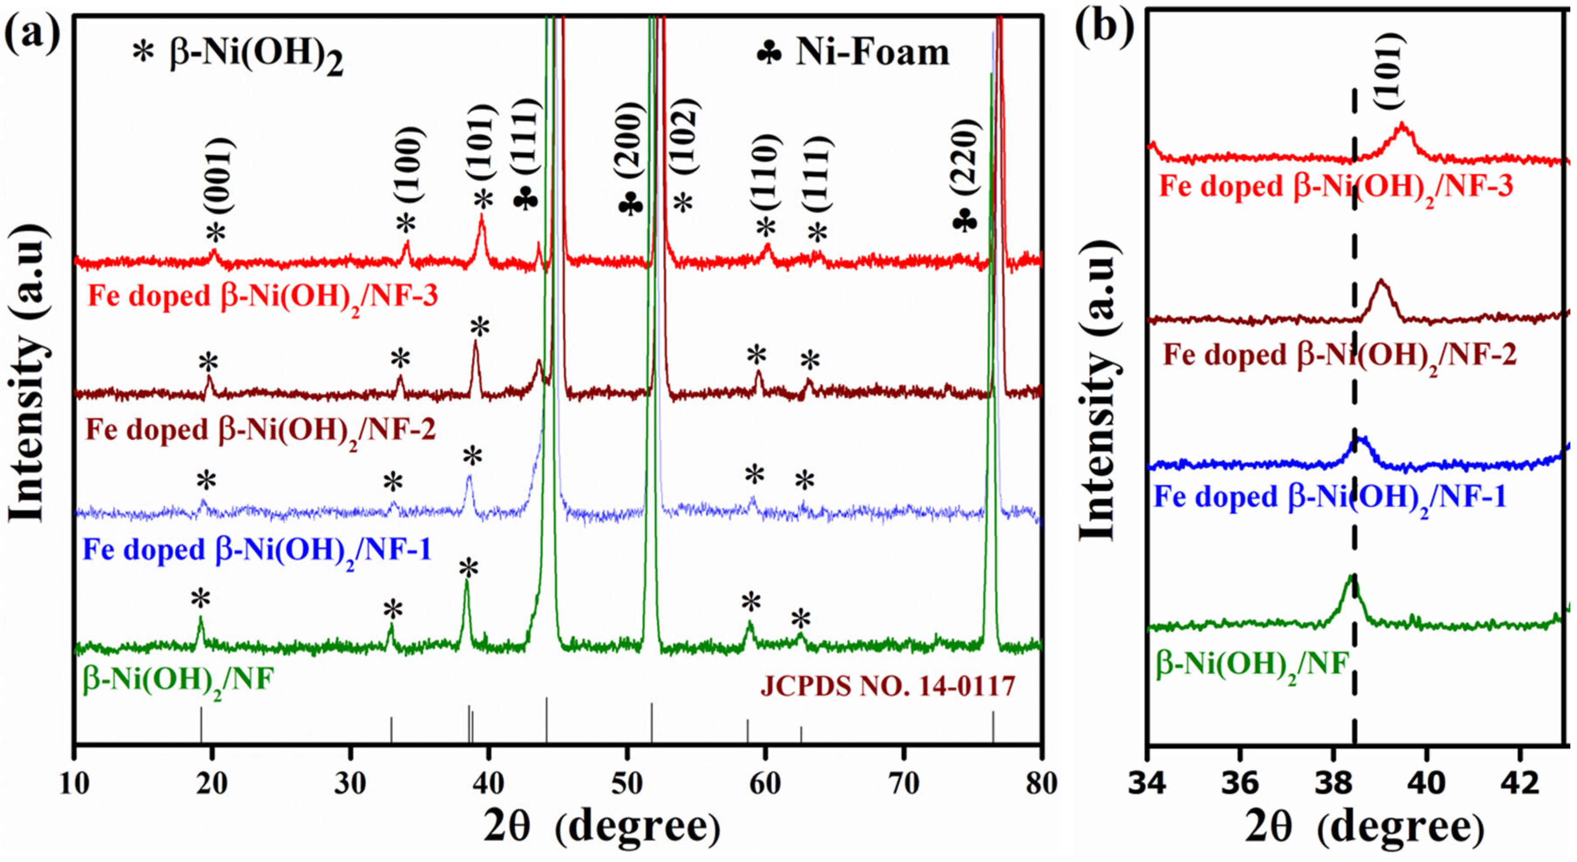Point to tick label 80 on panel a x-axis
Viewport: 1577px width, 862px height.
(1041, 785)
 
